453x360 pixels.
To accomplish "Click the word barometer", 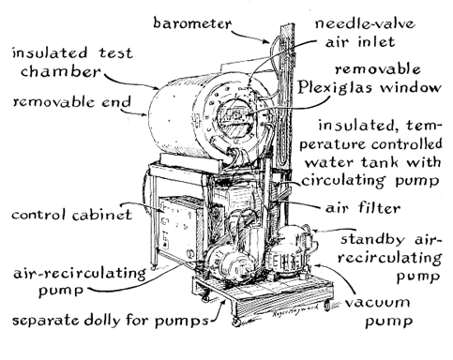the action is (192, 23).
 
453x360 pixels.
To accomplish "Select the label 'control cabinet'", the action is (71, 215).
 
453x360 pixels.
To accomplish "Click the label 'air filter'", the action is (363, 207).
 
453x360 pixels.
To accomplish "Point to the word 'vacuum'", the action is (377, 303).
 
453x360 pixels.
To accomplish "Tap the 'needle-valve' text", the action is (365, 23).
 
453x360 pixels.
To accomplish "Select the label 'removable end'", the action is (71, 102).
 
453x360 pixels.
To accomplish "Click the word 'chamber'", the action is (61, 71).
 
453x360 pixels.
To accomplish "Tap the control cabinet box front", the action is (176, 228).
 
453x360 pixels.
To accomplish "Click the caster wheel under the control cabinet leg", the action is (153, 267).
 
